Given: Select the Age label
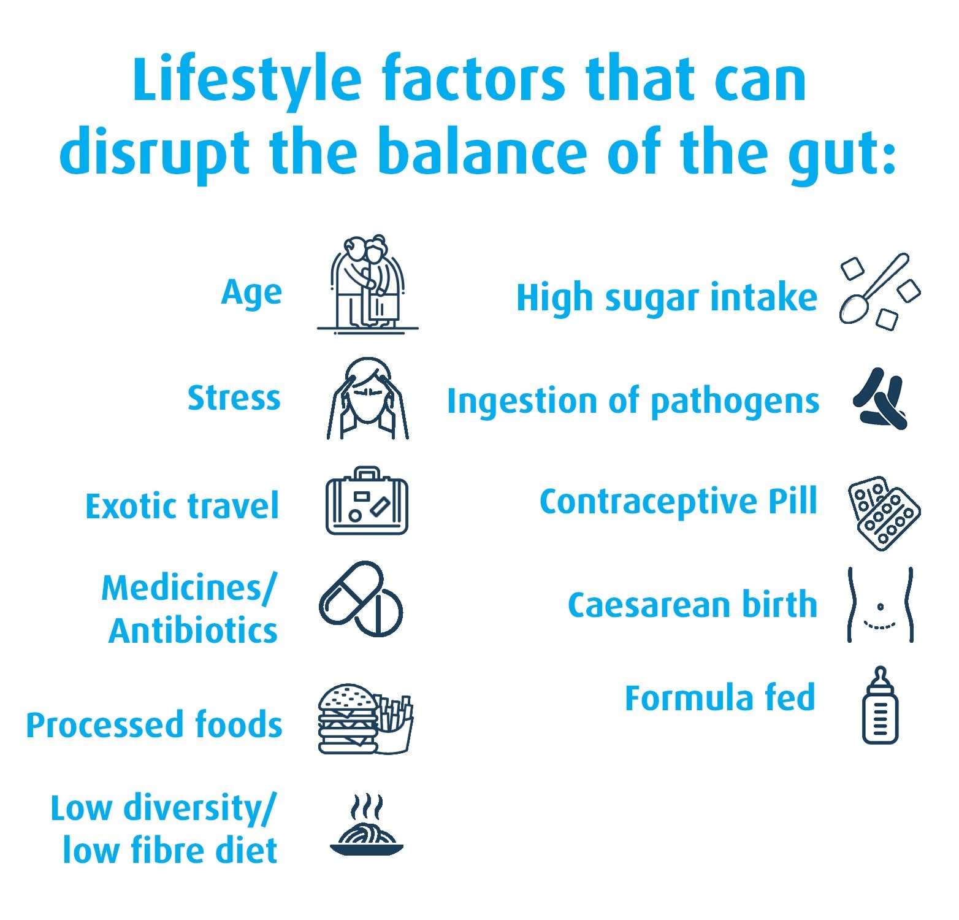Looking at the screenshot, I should point(251,293).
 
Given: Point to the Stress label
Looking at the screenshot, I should point(234,398).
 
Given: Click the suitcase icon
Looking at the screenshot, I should point(367,502).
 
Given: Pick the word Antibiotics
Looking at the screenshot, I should point(193,631).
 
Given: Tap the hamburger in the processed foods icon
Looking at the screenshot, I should point(347,719).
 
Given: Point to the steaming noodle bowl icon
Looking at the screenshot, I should point(367,828).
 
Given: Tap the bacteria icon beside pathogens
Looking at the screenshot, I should point(881,400).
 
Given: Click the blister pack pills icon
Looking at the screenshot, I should point(884,513).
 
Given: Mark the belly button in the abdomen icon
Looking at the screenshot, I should point(881,607).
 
